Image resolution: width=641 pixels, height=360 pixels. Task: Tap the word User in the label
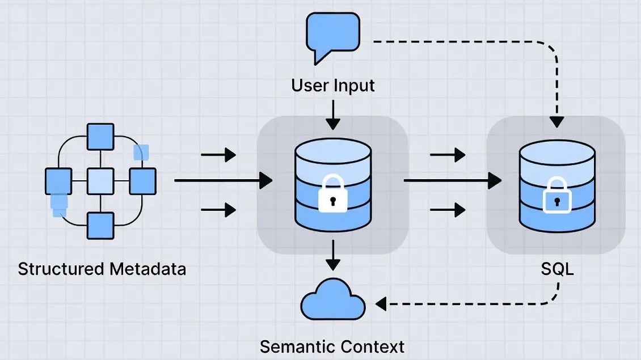(309, 86)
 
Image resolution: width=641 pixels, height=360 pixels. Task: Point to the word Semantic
(296, 346)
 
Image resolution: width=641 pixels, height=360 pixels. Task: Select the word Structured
(58, 269)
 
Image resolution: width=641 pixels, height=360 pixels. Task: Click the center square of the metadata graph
(100, 181)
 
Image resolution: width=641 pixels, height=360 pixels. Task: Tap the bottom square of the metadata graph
(100, 226)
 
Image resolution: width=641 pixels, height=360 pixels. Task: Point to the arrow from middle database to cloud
(333, 255)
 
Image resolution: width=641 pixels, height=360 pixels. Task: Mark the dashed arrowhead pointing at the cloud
(381, 304)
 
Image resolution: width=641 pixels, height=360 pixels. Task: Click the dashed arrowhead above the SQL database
(557, 121)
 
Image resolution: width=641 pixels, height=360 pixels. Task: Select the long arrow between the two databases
(451, 181)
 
